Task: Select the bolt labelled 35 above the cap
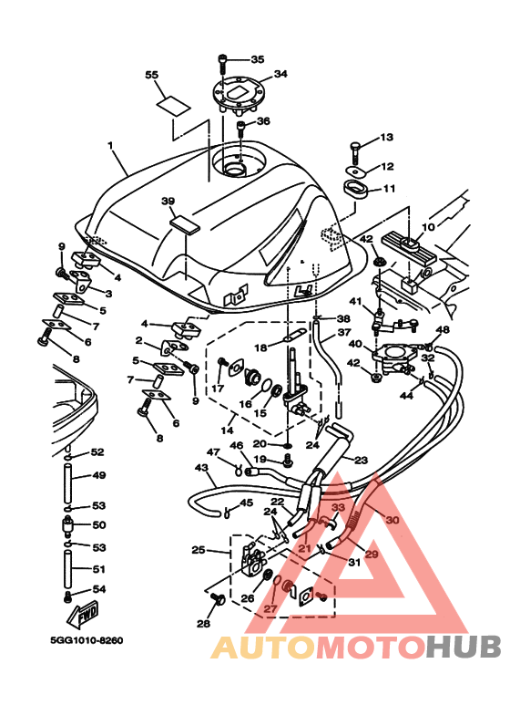pos(224,62)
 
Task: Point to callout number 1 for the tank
pos(110,145)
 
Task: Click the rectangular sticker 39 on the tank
pos(186,222)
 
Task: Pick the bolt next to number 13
pos(356,146)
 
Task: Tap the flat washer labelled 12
pos(354,168)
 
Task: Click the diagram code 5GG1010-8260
pos(87,640)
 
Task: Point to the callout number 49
pos(98,475)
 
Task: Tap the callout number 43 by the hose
pos(200,468)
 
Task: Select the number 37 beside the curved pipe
pos(343,333)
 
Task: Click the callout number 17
pos(219,388)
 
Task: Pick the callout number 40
pos(354,345)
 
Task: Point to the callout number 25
pos(198,550)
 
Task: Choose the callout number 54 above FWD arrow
pos(98,590)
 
